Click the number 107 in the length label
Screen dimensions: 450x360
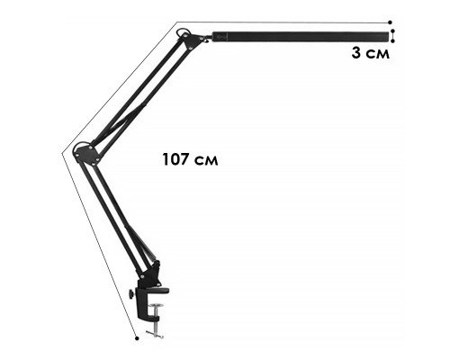point(175,159)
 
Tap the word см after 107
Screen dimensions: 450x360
point(206,161)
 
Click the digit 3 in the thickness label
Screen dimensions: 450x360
point(356,53)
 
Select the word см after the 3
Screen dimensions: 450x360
point(378,54)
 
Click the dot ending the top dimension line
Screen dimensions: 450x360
point(390,22)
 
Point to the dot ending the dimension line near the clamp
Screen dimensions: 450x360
point(137,338)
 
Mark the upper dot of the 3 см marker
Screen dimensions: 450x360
point(393,31)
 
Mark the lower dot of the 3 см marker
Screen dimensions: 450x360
point(393,41)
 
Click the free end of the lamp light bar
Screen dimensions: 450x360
point(388,37)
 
